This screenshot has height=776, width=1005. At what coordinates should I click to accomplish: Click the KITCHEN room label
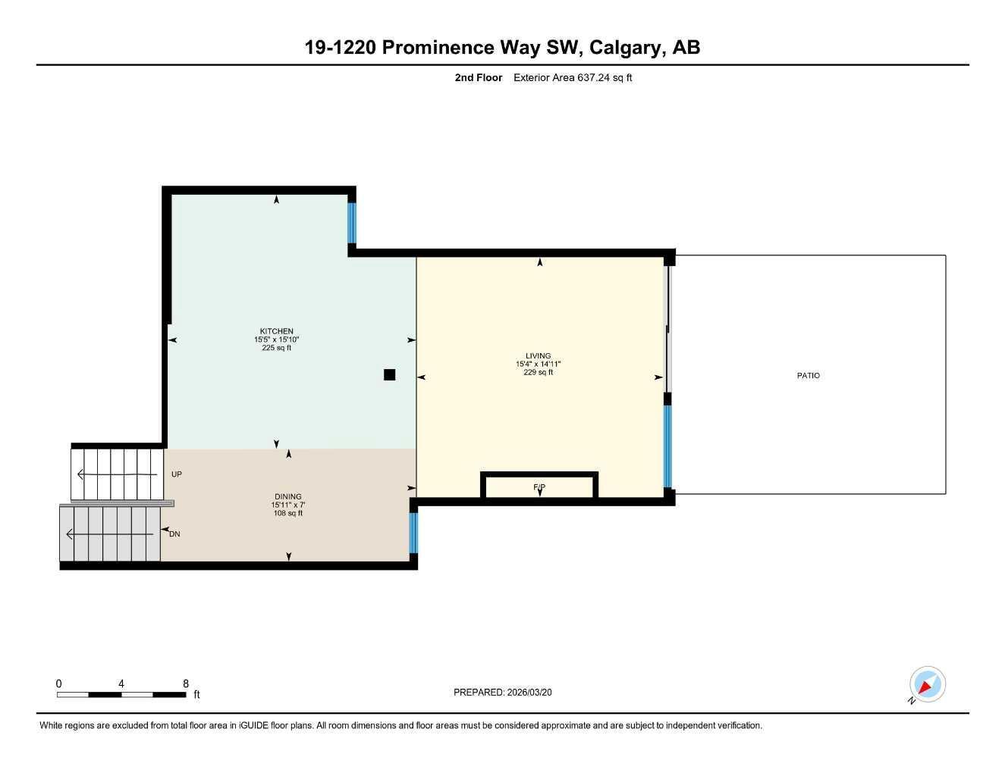(x=276, y=331)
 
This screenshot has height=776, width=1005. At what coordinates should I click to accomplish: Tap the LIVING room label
(x=538, y=355)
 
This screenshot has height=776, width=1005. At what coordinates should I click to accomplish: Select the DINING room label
(x=287, y=496)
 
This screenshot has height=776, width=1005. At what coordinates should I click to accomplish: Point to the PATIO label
(x=808, y=376)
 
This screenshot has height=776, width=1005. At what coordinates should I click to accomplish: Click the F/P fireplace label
(x=539, y=487)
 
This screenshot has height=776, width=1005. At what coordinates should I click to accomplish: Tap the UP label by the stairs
(x=177, y=474)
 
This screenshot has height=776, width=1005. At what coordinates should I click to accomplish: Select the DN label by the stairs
(x=174, y=534)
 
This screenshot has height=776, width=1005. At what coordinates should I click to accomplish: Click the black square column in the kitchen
(x=389, y=374)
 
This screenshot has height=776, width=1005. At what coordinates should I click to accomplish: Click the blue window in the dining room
(x=413, y=533)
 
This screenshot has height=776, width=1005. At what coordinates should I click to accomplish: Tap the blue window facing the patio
(x=667, y=446)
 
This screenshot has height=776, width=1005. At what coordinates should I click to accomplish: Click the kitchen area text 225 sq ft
(x=276, y=349)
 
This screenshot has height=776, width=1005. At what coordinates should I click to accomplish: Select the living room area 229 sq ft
(x=538, y=373)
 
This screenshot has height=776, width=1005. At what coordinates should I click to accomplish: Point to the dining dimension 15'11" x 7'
(x=287, y=505)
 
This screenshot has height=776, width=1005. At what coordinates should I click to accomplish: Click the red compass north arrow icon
(x=926, y=686)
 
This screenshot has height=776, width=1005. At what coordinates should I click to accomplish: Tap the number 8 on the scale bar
(x=186, y=684)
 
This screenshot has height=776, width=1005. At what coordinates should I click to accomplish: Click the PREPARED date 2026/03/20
(x=529, y=693)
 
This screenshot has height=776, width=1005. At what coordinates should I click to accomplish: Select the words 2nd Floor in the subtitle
(x=478, y=77)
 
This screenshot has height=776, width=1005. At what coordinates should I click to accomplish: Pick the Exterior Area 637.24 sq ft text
(x=573, y=77)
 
